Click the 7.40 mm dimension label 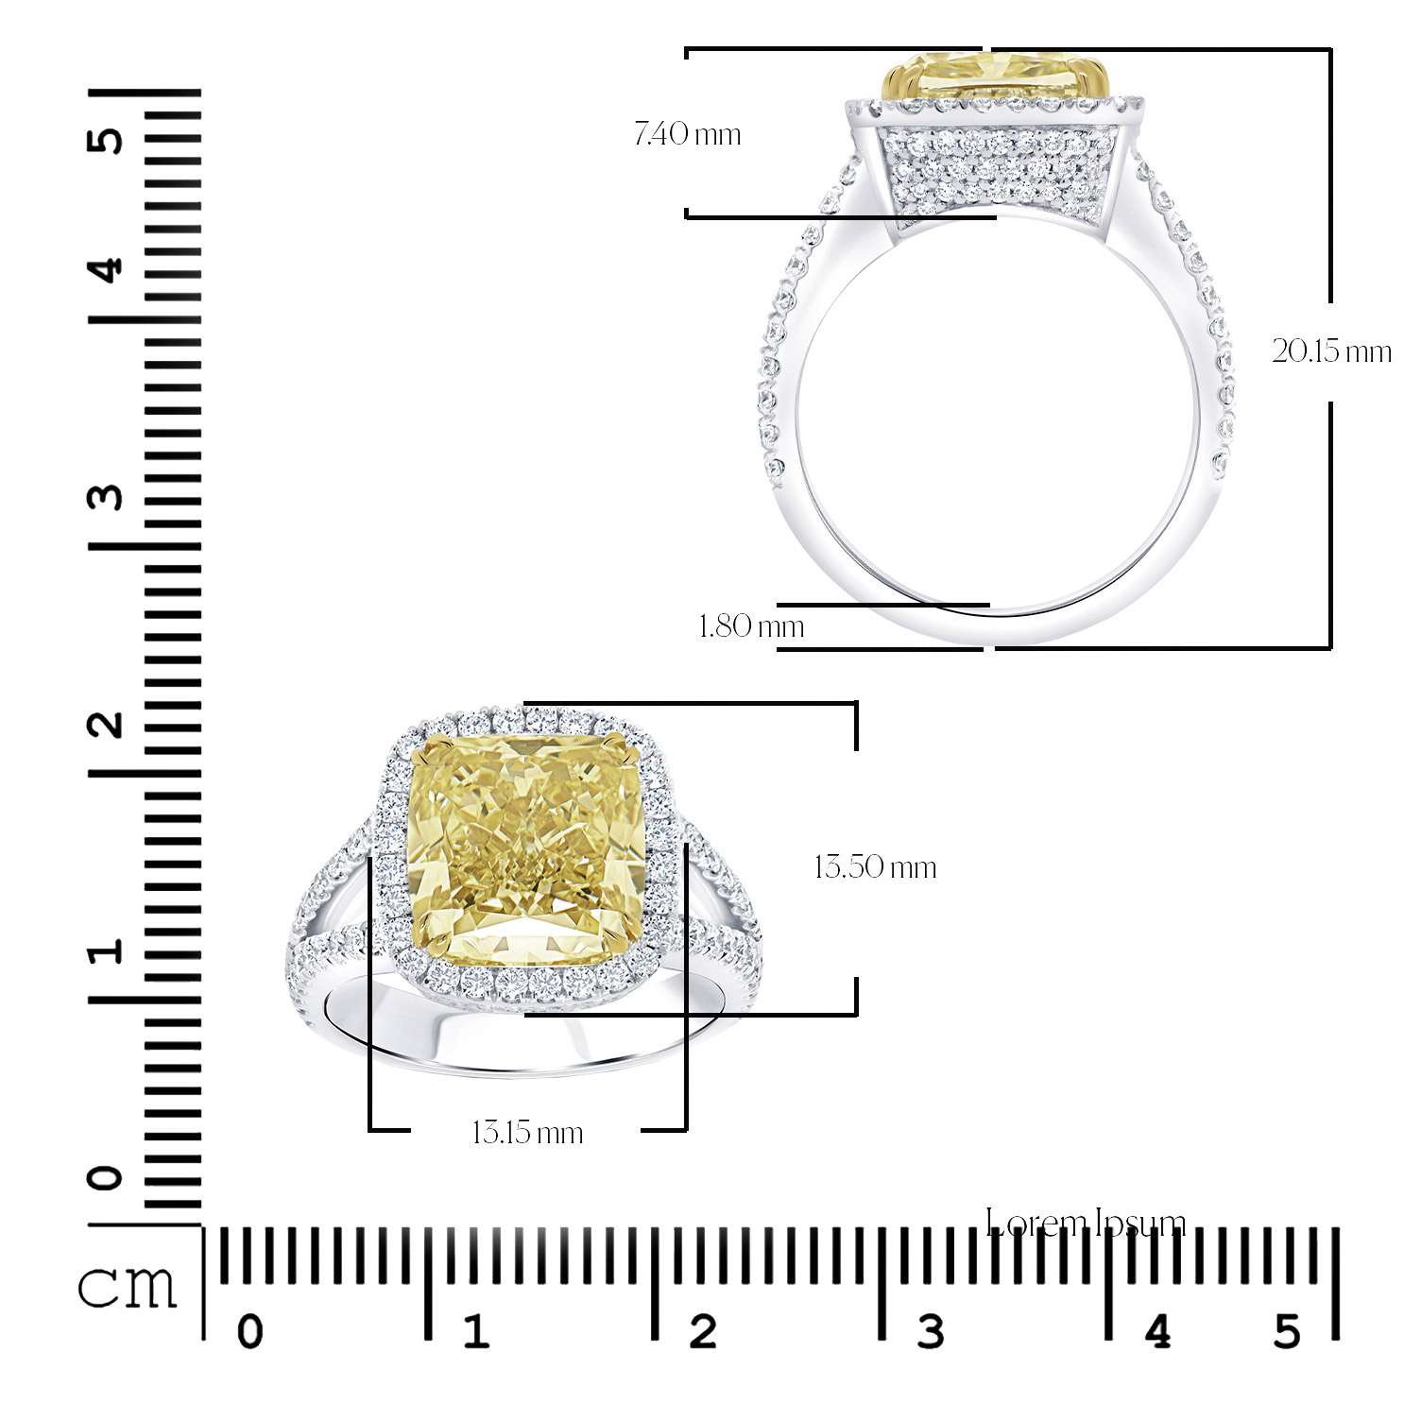tap(687, 134)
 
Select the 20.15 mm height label tap(1330, 351)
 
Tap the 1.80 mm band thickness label tap(751, 625)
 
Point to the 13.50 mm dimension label tap(875, 867)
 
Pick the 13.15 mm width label tap(527, 1132)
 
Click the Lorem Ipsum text tap(1085, 1224)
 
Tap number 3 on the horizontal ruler tap(930, 1332)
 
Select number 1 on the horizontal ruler tap(475, 1332)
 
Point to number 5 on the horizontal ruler tap(1287, 1332)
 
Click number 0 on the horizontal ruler tap(249, 1332)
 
